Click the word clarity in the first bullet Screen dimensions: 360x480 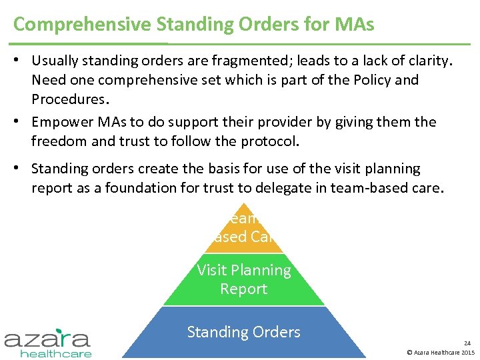point(429,61)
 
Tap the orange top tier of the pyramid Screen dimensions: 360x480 point(243,230)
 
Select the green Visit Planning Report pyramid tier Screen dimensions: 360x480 point(243,279)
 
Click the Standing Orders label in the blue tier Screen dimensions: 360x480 point(243,332)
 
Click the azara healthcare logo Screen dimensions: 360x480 point(48,341)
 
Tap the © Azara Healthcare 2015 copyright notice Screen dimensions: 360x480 point(440,352)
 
